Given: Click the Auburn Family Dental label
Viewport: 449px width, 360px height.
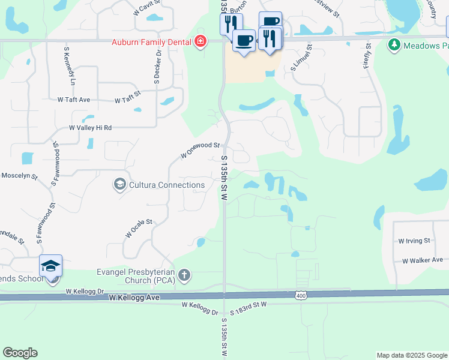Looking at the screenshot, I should coord(152,42).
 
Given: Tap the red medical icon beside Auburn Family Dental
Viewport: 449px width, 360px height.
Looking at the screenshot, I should coord(200,42).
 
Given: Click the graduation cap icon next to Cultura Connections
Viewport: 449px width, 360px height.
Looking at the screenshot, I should coord(119,184).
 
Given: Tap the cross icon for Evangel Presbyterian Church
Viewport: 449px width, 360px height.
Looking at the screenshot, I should coord(184,276).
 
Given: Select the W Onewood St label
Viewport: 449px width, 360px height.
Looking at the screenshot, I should coord(200,150).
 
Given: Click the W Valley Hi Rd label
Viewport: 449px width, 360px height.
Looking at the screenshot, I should coord(91,128).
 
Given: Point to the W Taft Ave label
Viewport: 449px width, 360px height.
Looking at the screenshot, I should coord(73,100).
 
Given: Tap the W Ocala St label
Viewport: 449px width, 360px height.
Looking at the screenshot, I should coord(139,229).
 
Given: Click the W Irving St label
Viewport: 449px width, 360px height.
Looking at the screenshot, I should coord(414,241).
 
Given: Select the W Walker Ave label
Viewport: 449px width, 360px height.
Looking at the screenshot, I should coord(422,260).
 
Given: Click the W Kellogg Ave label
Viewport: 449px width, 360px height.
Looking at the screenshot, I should coord(134,298).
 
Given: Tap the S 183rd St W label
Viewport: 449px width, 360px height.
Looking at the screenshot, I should coord(247,305).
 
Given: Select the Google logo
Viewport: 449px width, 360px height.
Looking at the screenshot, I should coord(20,353).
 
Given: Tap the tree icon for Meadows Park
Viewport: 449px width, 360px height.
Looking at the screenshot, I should coord(394,45).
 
